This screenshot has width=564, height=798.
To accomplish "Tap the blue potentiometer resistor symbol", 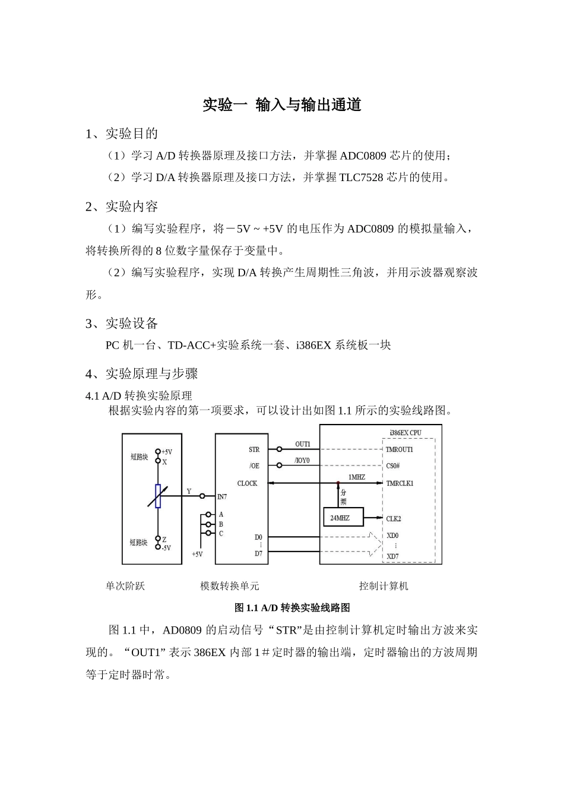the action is [x=158, y=496].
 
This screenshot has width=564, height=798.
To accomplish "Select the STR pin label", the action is [x=254, y=449].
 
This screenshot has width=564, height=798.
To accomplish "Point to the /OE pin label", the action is [x=254, y=466].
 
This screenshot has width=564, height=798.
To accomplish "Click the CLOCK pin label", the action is [x=247, y=483].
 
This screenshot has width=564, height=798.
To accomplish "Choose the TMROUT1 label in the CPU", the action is [x=399, y=449].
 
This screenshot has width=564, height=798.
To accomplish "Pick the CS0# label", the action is [x=393, y=466].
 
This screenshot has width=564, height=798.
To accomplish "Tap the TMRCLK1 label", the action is [x=400, y=483].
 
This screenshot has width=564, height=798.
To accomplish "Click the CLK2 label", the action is [x=394, y=518].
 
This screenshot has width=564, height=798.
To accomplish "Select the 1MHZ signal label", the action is [x=356, y=477].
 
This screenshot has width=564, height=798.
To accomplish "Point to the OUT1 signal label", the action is [x=303, y=444].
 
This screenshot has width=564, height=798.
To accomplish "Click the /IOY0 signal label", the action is [x=302, y=461].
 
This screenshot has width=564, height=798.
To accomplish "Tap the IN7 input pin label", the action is [x=222, y=496].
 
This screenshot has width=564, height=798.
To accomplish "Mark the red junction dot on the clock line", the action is [x=338, y=483].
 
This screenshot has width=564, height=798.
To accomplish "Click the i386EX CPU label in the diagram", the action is [x=406, y=433].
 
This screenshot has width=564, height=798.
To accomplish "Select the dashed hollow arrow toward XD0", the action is [x=373, y=544].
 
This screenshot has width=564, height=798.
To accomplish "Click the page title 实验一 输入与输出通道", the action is [x=282, y=105].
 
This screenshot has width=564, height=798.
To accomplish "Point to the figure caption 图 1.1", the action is [x=292, y=607].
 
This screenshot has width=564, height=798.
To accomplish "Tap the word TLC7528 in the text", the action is [x=361, y=177].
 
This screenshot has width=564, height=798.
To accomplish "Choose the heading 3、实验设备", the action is [x=122, y=324].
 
